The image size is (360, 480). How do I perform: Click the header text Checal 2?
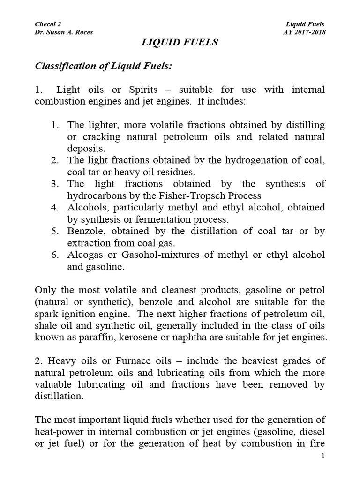(48, 24)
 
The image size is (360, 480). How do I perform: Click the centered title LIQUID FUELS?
(180, 43)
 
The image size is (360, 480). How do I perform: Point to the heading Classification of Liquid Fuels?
(104, 66)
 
